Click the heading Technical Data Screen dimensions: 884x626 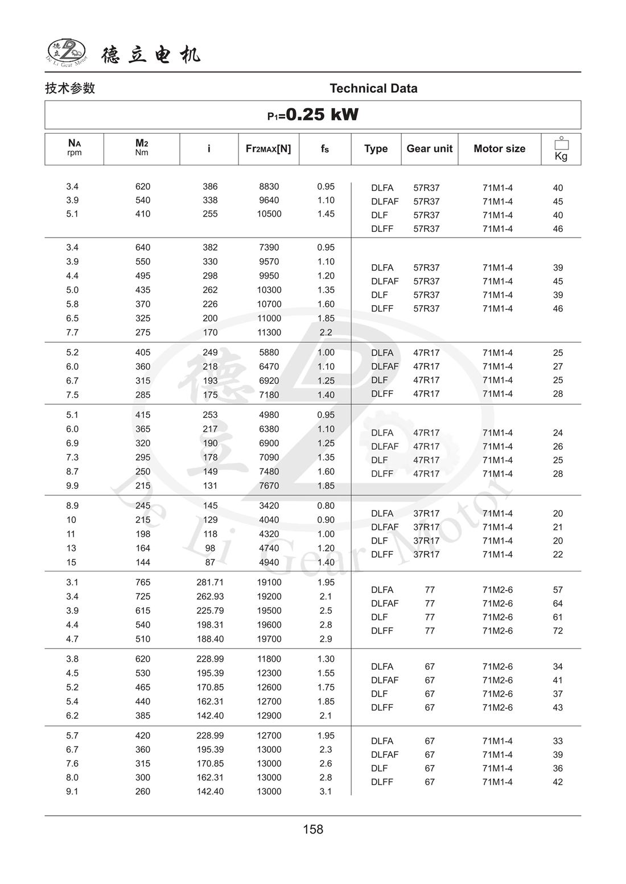tap(373, 88)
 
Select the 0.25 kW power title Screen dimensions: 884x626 tap(313, 115)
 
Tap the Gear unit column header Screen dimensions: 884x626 tap(429, 148)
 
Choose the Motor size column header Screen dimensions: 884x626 tap(499, 148)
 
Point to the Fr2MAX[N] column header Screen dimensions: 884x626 tap(268, 148)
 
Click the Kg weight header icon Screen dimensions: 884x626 tap(561, 149)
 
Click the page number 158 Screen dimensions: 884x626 tap(313, 829)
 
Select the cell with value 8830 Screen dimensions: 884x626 tap(269, 186)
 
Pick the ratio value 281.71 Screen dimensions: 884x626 tap(210, 582)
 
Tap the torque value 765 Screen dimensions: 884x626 tap(143, 582)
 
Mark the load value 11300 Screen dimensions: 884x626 tap(269, 333)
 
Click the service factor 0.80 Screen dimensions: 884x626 tap(326, 505)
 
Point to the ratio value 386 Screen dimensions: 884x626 tap(210, 186)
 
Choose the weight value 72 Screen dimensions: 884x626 tap(558, 630)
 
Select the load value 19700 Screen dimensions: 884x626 tap(269, 639)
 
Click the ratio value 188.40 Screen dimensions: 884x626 tap(210, 639)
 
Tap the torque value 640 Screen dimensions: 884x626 tap(143, 247)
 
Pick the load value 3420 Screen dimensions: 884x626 tap(269, 505)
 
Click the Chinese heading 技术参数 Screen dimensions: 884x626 tap(70, 88)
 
